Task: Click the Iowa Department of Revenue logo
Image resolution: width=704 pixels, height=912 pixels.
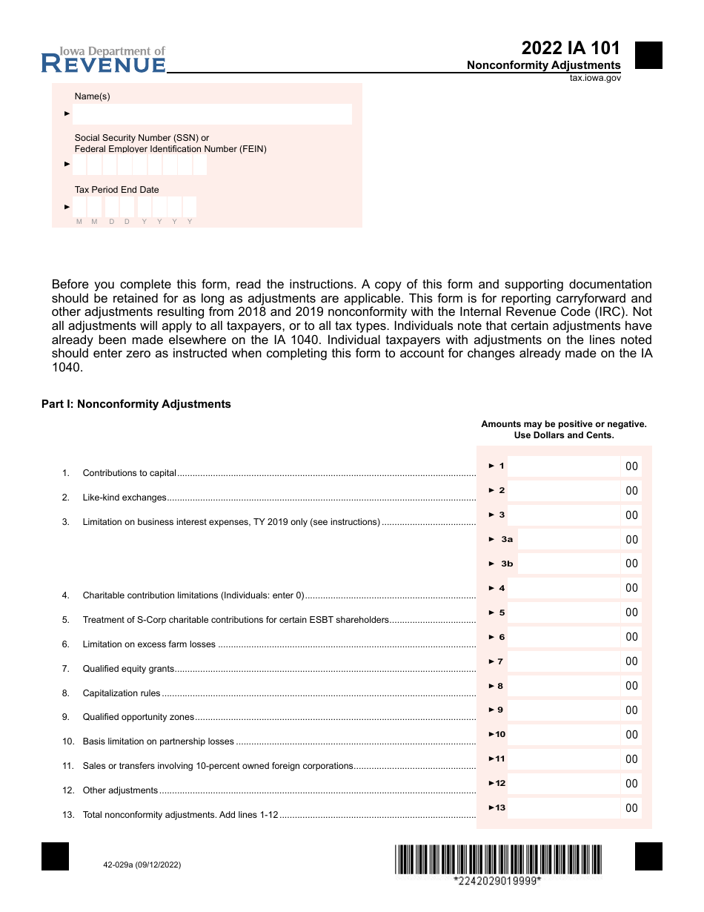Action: click(x=103, y=60)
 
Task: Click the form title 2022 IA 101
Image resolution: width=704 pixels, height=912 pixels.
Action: click(x=571, y=48)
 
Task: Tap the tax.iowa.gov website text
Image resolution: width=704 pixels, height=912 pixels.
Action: click(x=595, y=78)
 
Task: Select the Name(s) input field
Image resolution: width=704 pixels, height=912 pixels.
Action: click(x=212, y=114)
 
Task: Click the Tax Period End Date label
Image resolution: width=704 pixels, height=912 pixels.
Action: click(x=116, y=190)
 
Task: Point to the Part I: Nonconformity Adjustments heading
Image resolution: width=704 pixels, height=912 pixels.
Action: click(x=136, y=404)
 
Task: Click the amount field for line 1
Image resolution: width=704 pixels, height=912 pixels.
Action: click(x=563, y=466)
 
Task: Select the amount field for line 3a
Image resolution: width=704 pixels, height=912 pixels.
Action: click(x=568, y=540)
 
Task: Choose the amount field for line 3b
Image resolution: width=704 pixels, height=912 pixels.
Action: click(x=568, y=564)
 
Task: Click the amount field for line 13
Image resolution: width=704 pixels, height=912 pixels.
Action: click(x=563, y=808)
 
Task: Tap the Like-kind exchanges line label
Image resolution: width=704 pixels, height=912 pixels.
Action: click(x=124, y=498)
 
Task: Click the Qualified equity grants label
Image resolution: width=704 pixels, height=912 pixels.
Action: click(x=128, y=669)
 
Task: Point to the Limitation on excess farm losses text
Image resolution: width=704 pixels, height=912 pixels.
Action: click(x=149, y=644)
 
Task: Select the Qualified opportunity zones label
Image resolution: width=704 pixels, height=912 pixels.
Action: click(x=138, y=717)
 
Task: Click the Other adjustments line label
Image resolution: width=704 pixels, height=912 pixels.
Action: click(x=120, y=790)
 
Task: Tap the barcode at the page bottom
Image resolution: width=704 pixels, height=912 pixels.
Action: click(x=498, y=860)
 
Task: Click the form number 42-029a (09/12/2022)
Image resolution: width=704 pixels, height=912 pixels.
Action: click(x=137, y=865)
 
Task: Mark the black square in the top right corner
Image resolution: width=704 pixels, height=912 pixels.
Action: click(x=648, y=56)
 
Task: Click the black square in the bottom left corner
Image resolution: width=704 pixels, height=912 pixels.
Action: click(x=56, y=856)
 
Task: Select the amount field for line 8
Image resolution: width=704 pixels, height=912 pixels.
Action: click(x=563, y=686)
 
